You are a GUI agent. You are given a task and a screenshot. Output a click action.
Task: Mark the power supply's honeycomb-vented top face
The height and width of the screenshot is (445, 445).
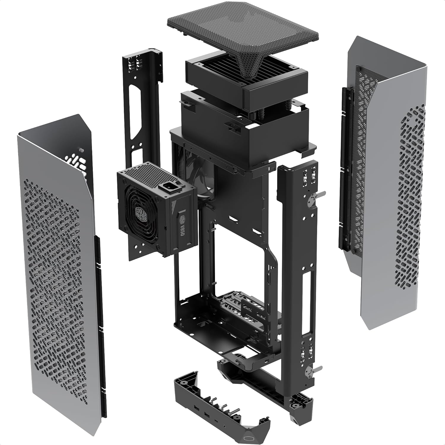click(x=151, y=171)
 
